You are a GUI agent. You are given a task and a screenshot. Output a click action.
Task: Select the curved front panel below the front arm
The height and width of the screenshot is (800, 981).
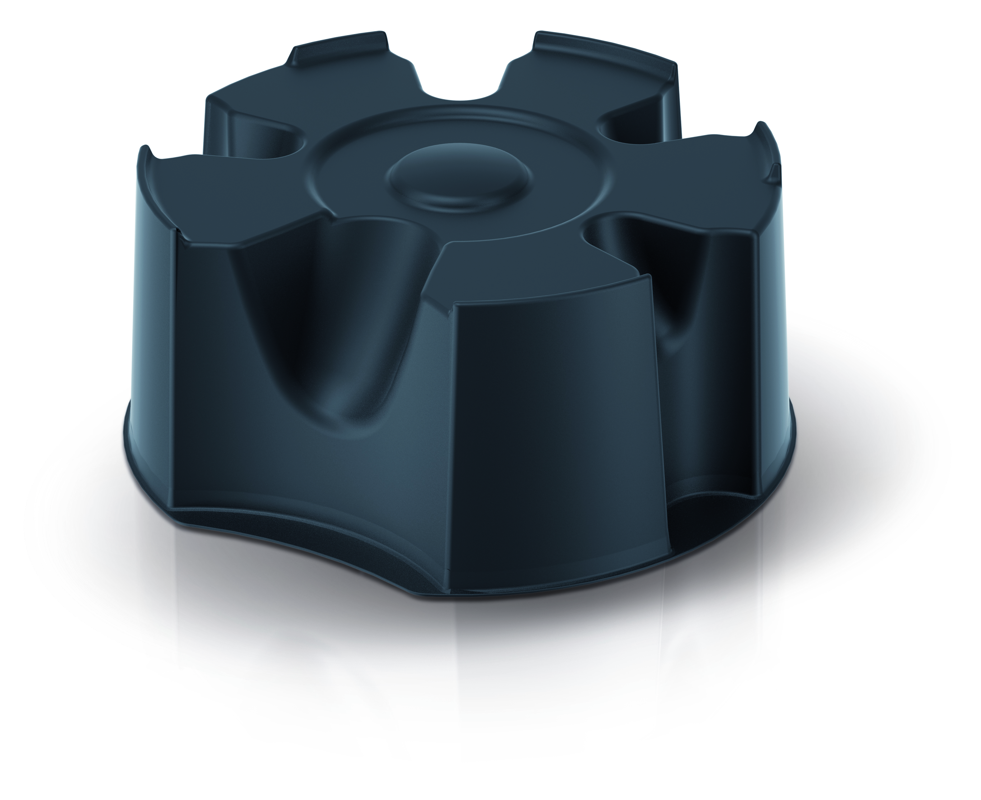(x=553, y=415)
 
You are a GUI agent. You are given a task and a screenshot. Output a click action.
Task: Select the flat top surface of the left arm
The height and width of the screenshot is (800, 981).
(x=230, y=193)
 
